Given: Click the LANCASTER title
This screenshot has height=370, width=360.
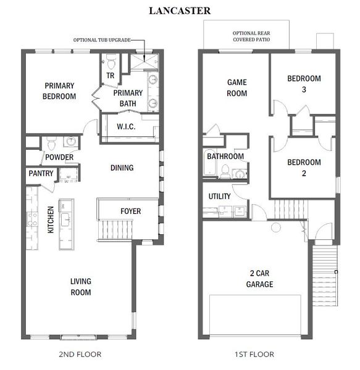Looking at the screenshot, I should click(x=180, y=10).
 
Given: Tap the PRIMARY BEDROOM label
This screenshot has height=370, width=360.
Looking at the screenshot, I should click(x=59, y=91).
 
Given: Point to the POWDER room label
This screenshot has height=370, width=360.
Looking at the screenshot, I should click(x=59, y=157).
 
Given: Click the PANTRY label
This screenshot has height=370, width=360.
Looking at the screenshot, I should click(x=41, y=174).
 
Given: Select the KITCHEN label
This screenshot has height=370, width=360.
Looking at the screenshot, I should click(x=51, y=220).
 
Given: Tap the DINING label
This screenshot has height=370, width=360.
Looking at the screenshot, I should click(x=122, y=168).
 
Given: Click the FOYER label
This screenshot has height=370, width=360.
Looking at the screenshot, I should click(x=130, y=212).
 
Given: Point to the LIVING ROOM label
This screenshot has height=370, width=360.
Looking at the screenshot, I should click(x=80, y=287).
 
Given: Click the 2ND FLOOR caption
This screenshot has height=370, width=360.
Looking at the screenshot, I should click(x=80, y=355).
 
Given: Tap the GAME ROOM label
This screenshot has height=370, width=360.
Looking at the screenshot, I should click(x=237, y=88).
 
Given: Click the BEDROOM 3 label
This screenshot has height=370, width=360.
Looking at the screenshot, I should click(x=304, y=84).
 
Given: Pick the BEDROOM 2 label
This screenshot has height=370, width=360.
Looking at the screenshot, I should click(x=304, y=168).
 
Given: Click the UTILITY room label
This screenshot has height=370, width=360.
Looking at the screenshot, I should click(x=220, y=197).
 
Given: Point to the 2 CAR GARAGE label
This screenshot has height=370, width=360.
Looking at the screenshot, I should click(x=259, y=279).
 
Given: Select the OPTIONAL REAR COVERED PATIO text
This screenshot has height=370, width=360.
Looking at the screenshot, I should click(x=251, y=36).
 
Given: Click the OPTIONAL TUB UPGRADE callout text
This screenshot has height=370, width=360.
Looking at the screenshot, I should click(x=102, y=39).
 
